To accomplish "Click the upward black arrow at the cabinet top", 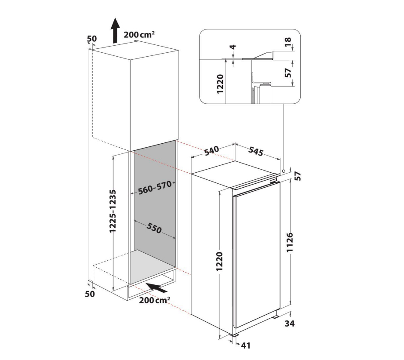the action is [x=116, y=30].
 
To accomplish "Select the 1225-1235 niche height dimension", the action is [x=113, y=211].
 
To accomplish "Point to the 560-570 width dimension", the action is [x=155, y=188].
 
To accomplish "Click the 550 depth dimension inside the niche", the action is [x=154, y=228].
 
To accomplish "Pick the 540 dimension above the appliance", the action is [x=211, y=151].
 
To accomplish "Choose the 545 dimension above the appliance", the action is [x=256, y=151].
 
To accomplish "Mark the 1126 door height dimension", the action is [x=290, y=242].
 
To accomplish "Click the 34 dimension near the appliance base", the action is [x=290, y=323].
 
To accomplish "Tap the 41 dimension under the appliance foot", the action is [x=246, y=345].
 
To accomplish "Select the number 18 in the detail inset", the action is [x=288, y=41].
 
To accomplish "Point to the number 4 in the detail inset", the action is [x=233, y=47].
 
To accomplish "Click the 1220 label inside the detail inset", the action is [x=220, y=84].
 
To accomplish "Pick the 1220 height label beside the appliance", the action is [x=219, y=261].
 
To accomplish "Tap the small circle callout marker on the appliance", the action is [x=284, y=171].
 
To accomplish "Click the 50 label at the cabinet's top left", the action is [x=91, y=39].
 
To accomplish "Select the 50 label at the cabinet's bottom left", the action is [x=90, y=294].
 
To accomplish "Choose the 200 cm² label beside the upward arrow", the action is [x=139, y=35].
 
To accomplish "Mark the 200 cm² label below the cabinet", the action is [x=154, y=300].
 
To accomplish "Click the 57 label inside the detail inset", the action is [x=288, y=73].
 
